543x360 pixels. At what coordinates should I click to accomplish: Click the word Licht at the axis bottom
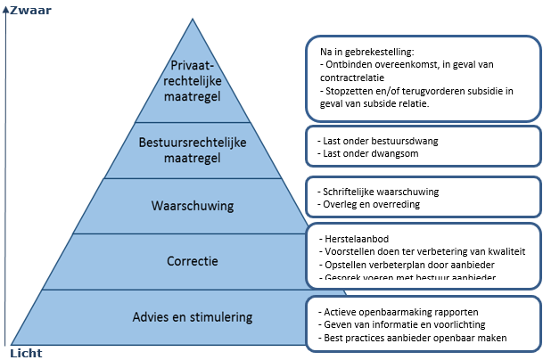26,353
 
